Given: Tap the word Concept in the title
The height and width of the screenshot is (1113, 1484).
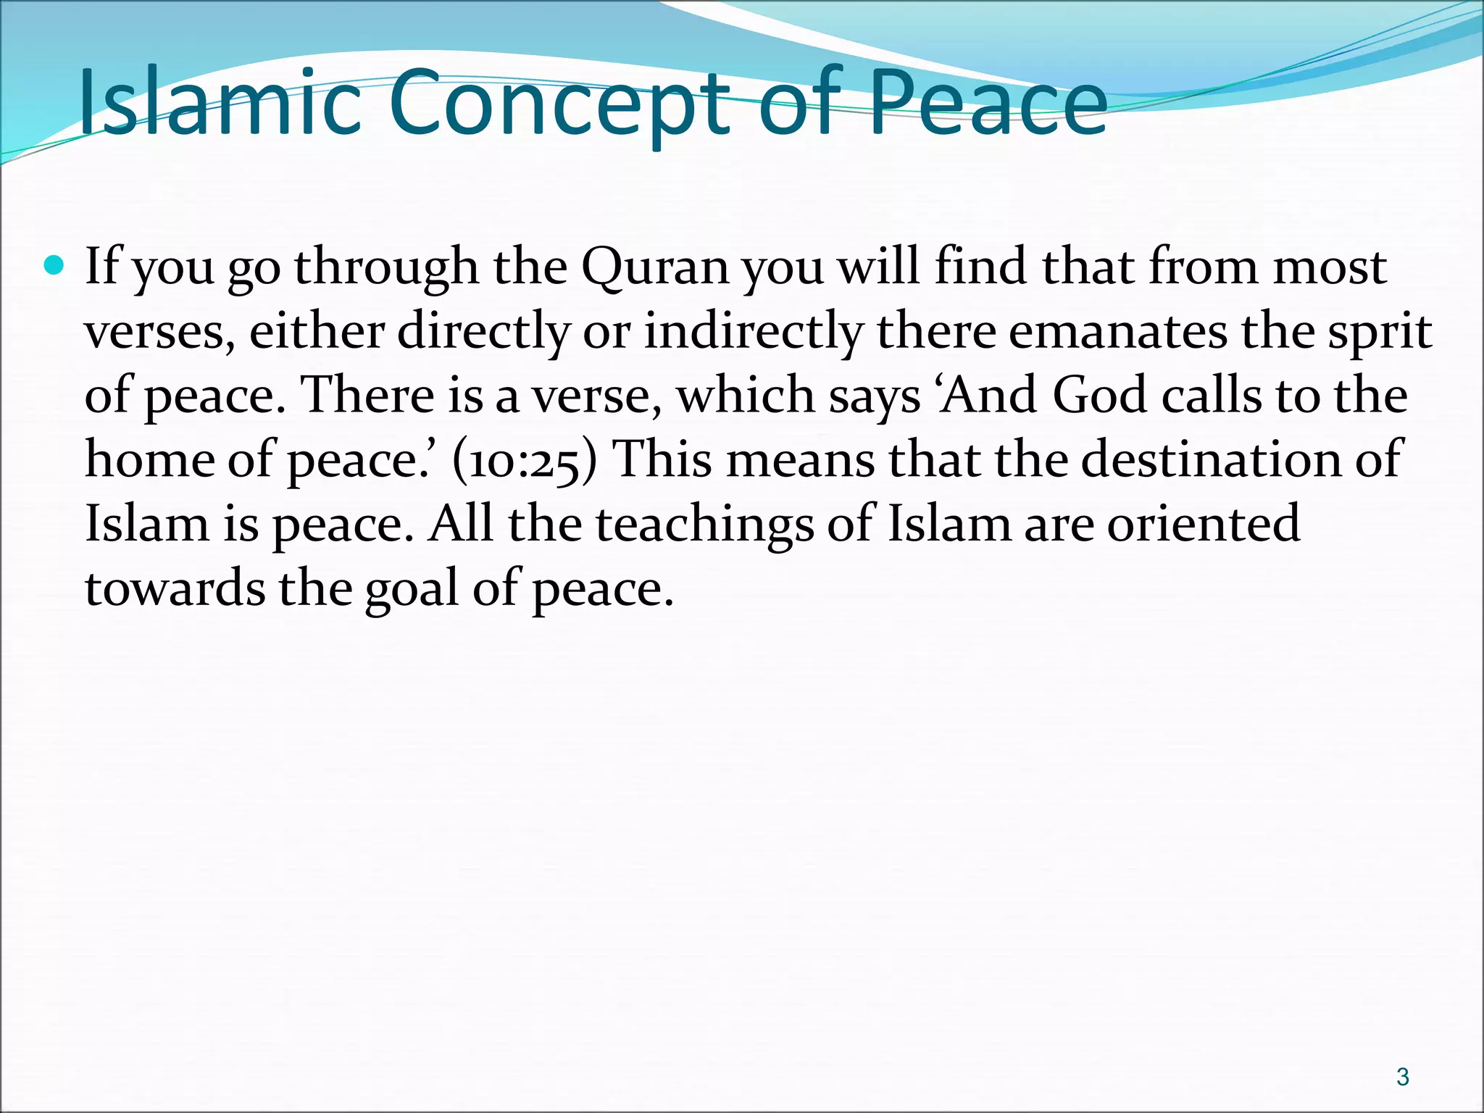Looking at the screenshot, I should [x=559, y=103].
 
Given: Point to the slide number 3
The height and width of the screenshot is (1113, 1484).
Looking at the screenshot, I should [x=1402, y=1077].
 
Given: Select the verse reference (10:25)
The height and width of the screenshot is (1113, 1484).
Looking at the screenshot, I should [x=525, y=461].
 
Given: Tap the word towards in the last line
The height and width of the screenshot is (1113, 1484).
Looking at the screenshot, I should [x=175, y=588].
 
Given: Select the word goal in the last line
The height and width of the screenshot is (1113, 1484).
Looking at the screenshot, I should [x=411, y=588].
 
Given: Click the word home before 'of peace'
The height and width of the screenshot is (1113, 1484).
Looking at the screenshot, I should [x=149, y=459].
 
